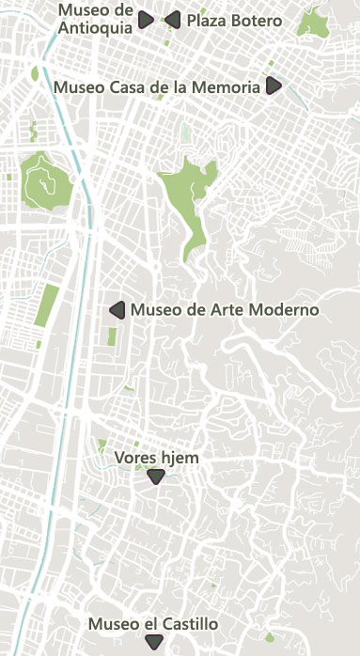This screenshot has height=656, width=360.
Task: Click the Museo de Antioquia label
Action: point(94,18)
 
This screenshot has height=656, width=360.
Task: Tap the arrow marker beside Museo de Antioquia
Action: point(146,20)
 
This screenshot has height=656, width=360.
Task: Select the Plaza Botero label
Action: point(234,20)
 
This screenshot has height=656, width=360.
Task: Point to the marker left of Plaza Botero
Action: point(172,19)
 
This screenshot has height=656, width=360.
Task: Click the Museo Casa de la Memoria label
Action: point(157,86)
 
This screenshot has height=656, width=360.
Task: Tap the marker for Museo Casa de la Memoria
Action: point(274,86)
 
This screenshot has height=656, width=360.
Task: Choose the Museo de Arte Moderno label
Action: point(225,310)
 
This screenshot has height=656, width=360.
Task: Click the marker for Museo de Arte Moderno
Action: point(117,309)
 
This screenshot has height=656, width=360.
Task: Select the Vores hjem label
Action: point(157,458)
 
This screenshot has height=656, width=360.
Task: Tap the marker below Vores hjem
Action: point(156,477)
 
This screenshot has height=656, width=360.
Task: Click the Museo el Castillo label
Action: point(153,624)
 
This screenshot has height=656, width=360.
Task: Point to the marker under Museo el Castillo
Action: point(154,642)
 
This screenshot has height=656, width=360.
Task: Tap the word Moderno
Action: point(288,310)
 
